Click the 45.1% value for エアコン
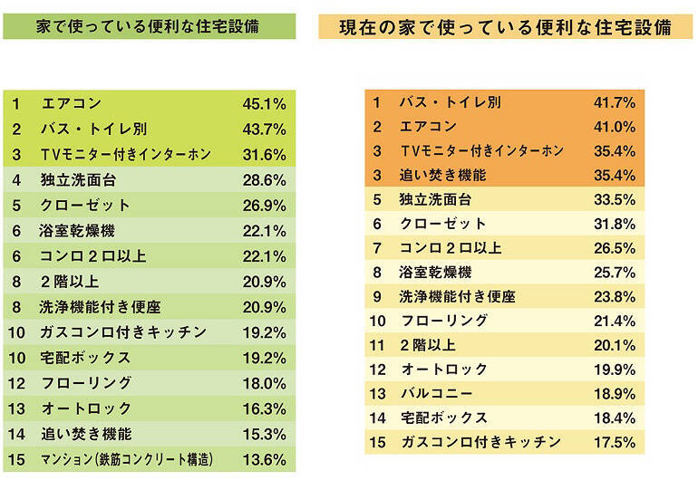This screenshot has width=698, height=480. point(264,103)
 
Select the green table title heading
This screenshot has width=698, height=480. point(148,26)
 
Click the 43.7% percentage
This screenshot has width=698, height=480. point(264,129)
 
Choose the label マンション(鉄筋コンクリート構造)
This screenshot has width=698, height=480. point(127,460)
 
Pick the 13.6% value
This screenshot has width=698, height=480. point(264,460)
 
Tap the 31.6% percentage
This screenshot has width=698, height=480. point(264,154)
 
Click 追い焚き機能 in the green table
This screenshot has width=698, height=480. point(85,434)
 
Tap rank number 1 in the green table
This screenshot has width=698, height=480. point(15,103)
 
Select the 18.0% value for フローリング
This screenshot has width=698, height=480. point(264,383)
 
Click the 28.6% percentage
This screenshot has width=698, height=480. point(264,180)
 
